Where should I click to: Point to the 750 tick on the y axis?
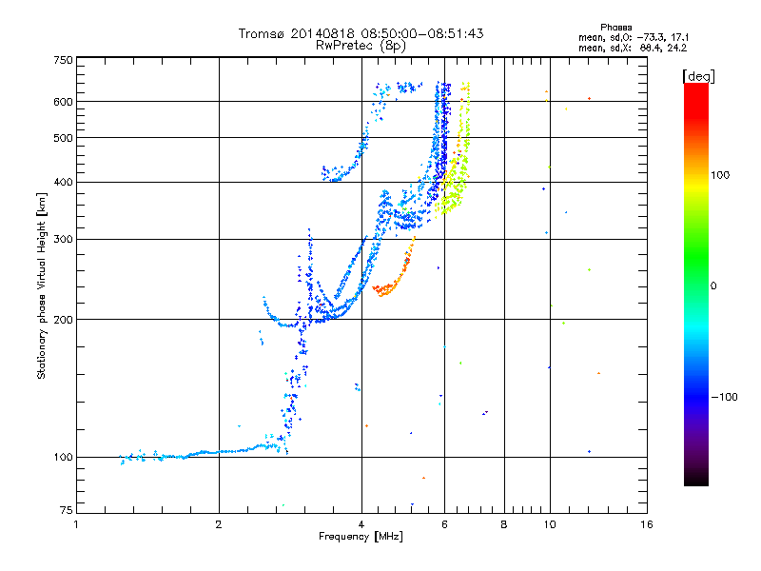pos(64,60)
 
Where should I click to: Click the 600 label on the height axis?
pos(64,101)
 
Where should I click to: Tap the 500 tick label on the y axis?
pos(64,138)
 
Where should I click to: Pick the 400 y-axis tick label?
pos(64,182)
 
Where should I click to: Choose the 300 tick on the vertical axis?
pos(64,239)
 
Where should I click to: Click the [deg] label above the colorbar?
pos(698,75)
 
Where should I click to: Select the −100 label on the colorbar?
pos(727,397)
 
